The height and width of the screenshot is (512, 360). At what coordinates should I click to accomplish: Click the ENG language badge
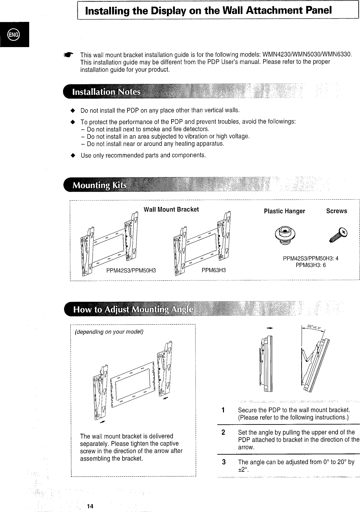pos(14,34)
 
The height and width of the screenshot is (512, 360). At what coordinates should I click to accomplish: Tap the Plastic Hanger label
pos(284,211)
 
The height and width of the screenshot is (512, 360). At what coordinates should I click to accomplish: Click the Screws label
pos(336,211)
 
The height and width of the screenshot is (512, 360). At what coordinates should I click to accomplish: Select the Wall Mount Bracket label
pos(171,209)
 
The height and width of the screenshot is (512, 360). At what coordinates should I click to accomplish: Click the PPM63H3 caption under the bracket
pos(214,270)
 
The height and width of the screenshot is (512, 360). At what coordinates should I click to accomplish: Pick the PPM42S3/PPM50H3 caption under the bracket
pos(131,270)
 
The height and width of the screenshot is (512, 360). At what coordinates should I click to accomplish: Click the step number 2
pos(223,432)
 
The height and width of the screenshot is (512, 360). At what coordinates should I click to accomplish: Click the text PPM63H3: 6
pos(311,265)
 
